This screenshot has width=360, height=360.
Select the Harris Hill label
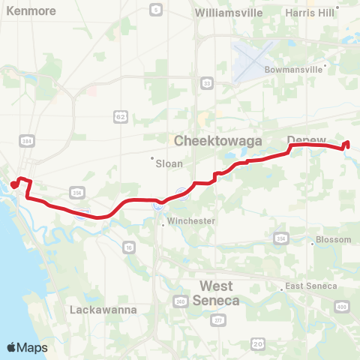click(310, 13)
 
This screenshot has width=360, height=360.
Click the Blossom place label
click(333, 240)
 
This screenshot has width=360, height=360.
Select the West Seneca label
click(216, 293)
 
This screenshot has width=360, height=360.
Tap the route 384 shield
click(27, 140)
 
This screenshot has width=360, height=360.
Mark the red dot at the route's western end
click(13, 184)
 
